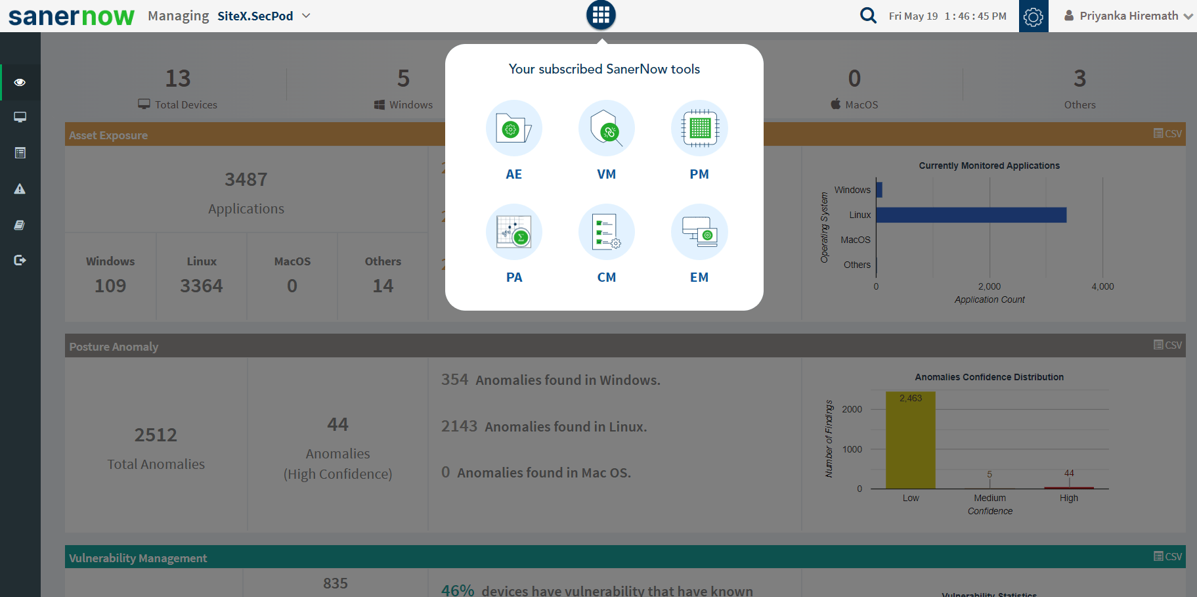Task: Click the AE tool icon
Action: point(513,128)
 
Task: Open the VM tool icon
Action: point(606,128)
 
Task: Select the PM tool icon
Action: point(699,128)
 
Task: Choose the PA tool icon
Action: point(513,232)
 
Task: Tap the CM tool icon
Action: point(606,232)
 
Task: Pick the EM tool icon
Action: point(699,232)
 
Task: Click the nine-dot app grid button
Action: point(601,15)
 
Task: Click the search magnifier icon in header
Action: point(868,15)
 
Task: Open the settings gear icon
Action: point(1033,16)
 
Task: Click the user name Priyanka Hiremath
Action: point(1128,16)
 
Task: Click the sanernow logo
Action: point(71,16)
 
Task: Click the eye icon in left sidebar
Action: point(20,82)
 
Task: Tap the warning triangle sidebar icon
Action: point(20,189)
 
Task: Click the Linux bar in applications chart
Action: point(970,215)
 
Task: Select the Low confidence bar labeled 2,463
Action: point(910,440)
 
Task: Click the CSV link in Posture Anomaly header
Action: point(1167,345)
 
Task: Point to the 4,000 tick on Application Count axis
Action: point(1102,286)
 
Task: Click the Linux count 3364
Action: point(202,286)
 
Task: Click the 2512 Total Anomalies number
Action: point(156,435)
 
